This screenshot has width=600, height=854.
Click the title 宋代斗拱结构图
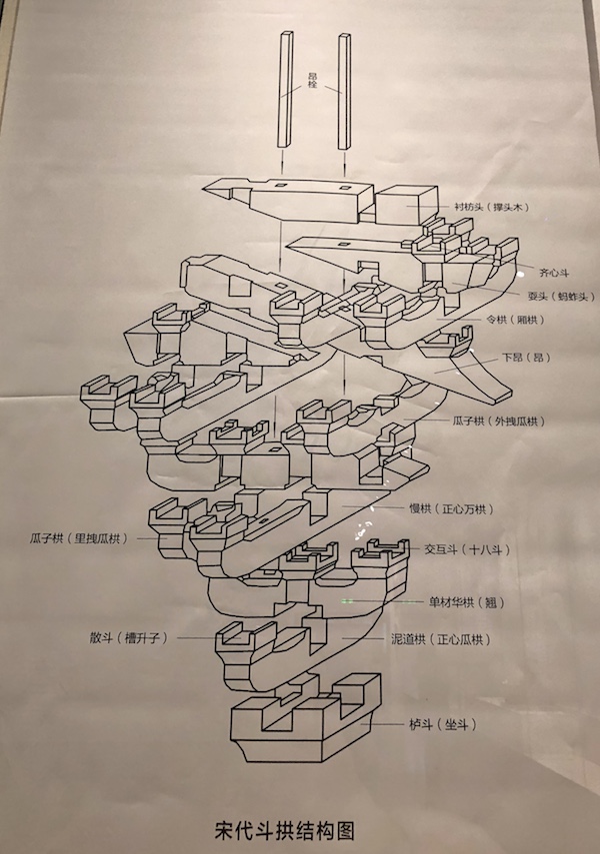click(x=285, y=830)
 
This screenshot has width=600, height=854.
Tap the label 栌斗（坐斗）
click(x=441, y=722)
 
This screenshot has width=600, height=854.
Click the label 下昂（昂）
click(x=526, y=357)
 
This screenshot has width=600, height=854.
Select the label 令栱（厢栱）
click(x=511, y=320)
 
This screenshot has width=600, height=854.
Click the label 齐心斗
click(x=554, y=271)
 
